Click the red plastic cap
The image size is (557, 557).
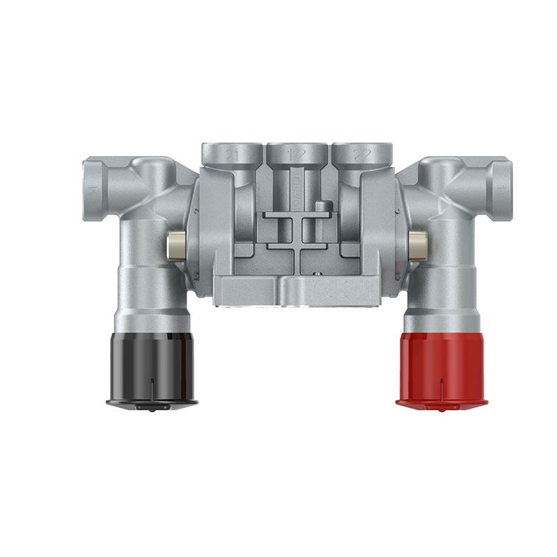point(441,366)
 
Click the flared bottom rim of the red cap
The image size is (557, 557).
point(441,402)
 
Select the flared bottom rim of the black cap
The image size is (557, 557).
point(152,402)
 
